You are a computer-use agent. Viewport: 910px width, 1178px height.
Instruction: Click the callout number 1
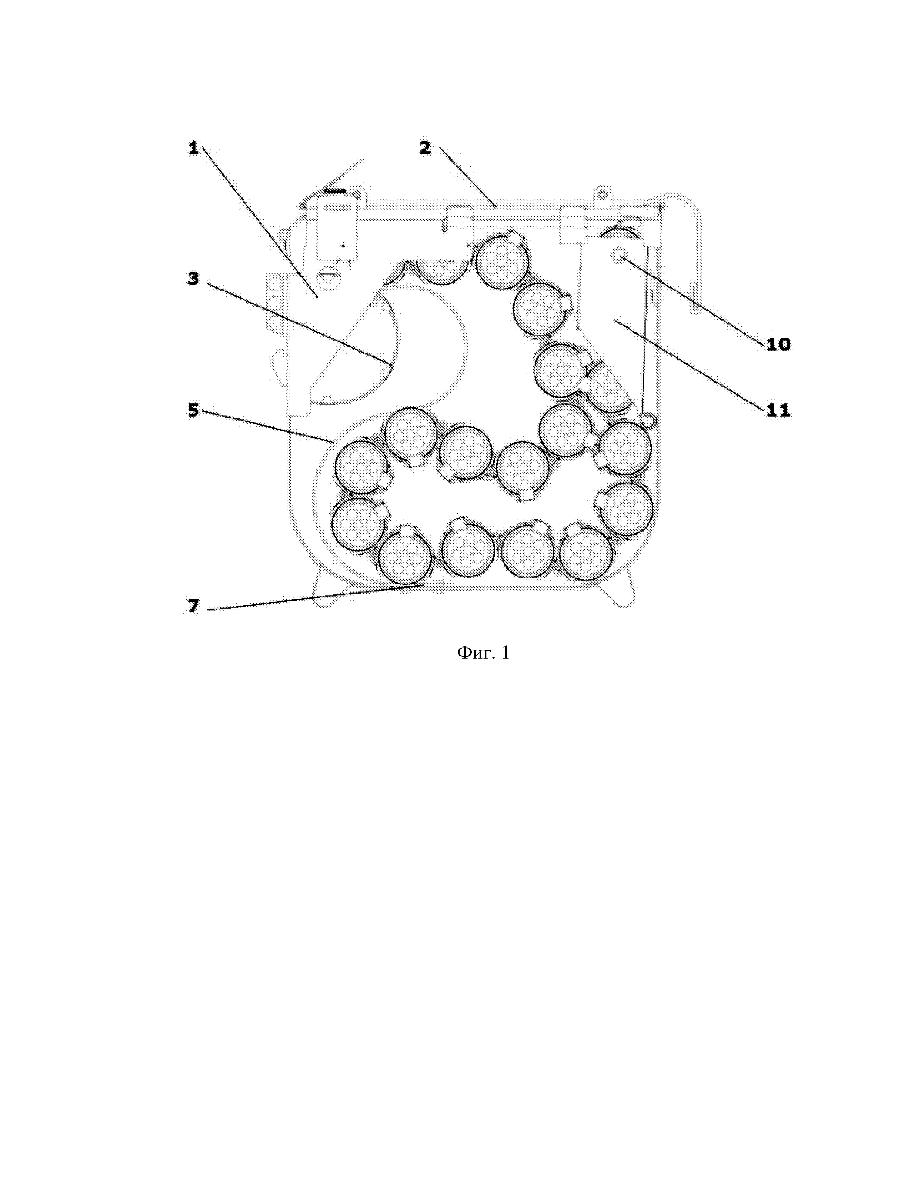(193, 147)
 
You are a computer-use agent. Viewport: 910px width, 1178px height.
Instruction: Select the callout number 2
(425, 147)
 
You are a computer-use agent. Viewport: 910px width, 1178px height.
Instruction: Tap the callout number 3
(193, 278)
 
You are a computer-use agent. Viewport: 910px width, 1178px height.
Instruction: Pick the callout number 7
(193, 606)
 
